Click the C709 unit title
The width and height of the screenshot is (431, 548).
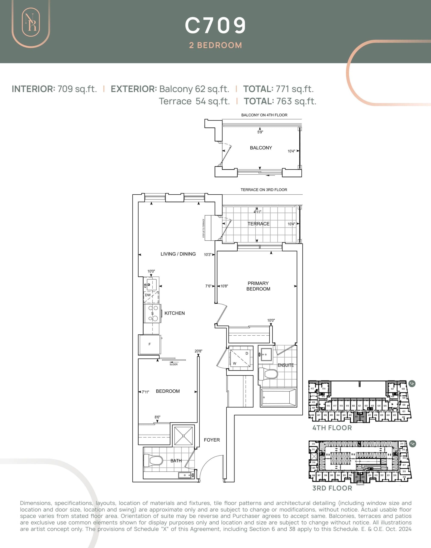[215, 25]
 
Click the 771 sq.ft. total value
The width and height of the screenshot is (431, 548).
[295, 89]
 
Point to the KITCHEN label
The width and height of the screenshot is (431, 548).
[174, 313]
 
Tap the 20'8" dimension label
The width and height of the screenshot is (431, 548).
[198, 351]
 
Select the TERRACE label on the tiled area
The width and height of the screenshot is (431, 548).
[258, 224]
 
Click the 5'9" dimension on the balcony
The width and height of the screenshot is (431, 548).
[260, 132]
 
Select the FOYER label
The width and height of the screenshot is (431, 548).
[212, 440]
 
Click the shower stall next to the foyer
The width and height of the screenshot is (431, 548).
[183, 436]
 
